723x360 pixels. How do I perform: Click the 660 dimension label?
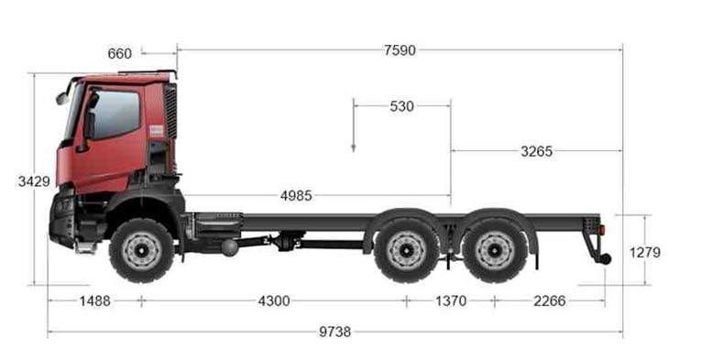(x=119, y=53)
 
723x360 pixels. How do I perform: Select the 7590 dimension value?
(x=400, y=50)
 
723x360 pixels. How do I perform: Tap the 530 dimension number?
(x=401, y=106)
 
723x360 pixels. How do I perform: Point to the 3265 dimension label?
(x=536, y=151)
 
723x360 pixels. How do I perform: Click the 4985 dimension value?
(x=296, y=196)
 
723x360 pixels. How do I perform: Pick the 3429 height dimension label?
(x=34, y=181)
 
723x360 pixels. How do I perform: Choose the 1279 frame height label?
(x=644, y=253)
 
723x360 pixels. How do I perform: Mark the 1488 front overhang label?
(x=95, y=301)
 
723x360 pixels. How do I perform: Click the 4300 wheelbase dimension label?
(x=274, y=301)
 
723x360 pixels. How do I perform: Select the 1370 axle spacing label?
(x=451, y=301)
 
